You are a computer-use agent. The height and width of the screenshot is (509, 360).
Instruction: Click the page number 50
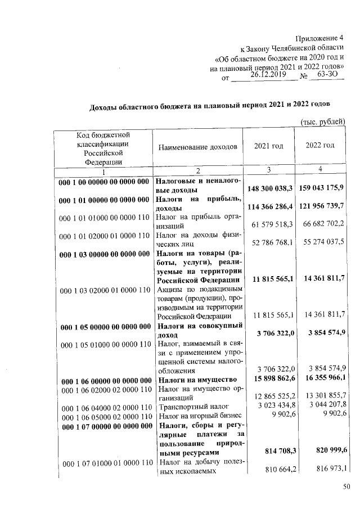coord(347,487)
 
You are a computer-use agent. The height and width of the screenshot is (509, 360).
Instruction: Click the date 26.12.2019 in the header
coord(265,74)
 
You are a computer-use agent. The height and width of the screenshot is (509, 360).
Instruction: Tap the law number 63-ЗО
coord(327,74)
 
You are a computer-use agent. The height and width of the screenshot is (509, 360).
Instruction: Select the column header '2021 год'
coord(268,146)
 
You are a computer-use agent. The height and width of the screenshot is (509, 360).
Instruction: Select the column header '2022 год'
coord(319,146)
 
